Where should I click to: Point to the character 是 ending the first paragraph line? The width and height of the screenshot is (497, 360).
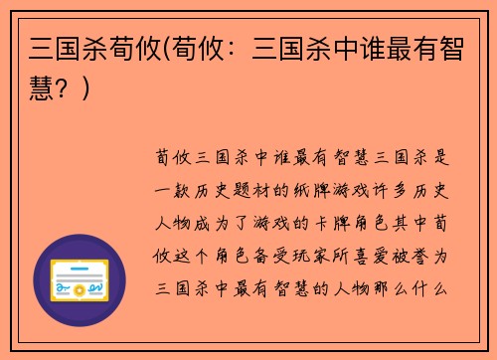pos(447,156)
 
